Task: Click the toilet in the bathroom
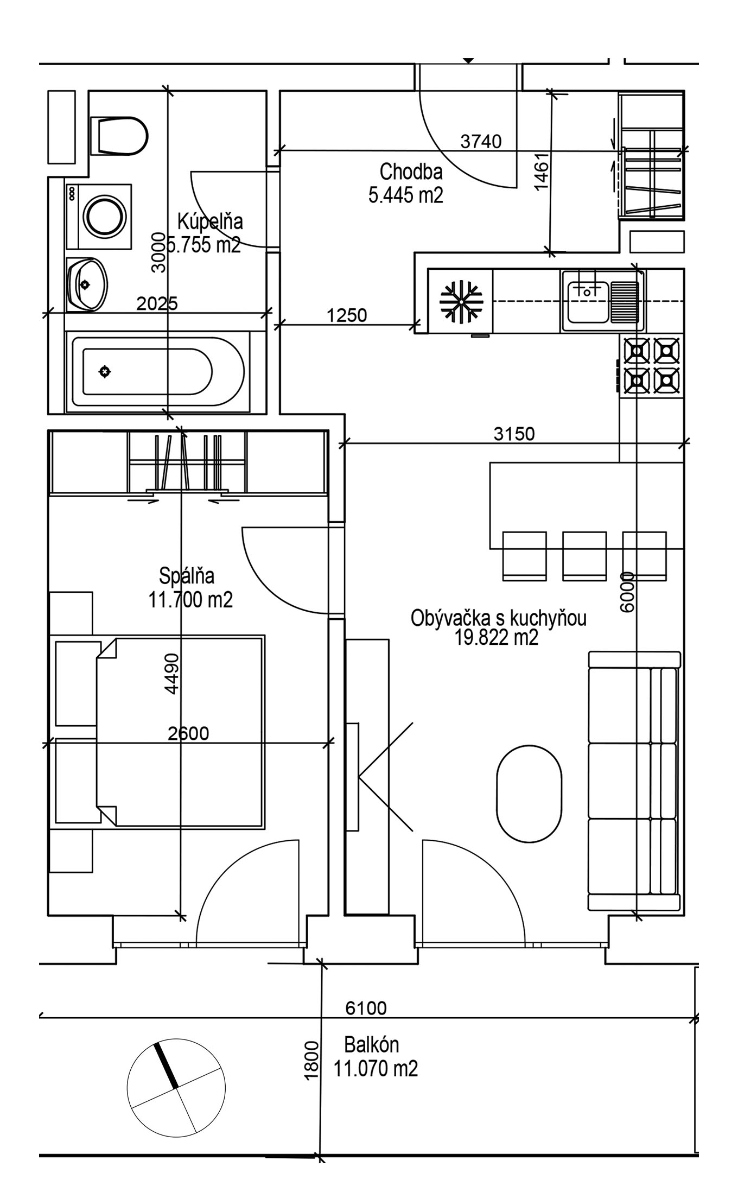[119, 136]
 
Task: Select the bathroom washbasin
[87, 285]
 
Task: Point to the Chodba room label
[411, 172]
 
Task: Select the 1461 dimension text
[542, 171]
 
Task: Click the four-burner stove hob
[652, 366]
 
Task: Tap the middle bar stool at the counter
[584, 556]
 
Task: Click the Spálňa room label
[187, 575]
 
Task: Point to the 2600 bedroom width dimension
[188, 734]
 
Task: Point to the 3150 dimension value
[514, 434]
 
